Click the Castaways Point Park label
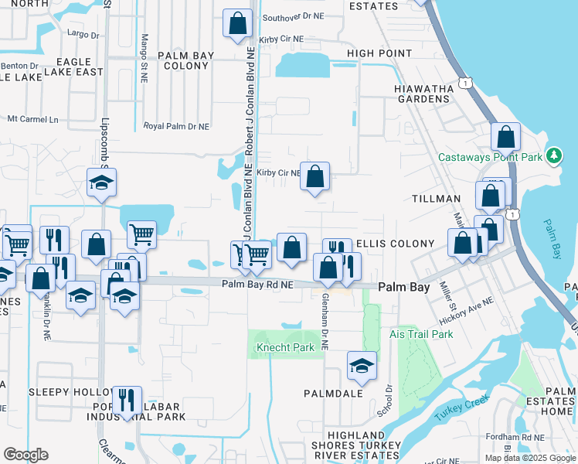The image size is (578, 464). coord(491,157)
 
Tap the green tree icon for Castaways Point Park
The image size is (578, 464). coord(553,156)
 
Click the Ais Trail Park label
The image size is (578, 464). coord(421,334)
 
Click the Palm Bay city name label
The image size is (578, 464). coord(403,287)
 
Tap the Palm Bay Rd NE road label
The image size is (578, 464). coord(257,285)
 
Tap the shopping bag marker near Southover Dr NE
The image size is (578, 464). coord(237,23)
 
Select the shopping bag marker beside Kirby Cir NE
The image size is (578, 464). coord(315,176)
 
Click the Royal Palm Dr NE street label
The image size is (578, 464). coord(177,126)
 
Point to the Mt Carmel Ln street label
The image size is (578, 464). coord(32,119)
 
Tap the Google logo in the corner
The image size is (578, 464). coord(25,455)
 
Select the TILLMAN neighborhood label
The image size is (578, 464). coord(437,199)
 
